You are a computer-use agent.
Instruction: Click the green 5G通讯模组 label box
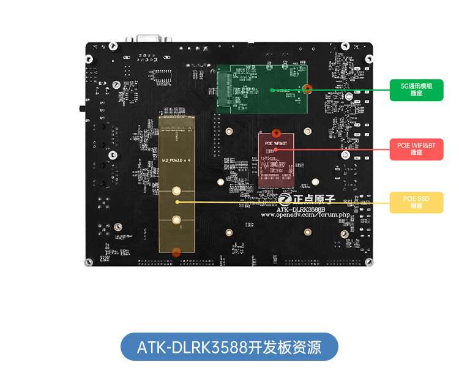click(416, 90)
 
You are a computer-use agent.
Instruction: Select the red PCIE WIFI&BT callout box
click(416, 148)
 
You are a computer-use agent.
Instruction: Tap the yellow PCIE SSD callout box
click(416, 202)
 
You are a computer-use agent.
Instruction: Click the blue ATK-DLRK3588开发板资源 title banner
click(229, 347)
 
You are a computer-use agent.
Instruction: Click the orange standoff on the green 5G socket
click(308, 89)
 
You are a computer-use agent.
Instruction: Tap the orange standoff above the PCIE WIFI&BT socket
click(276, 133)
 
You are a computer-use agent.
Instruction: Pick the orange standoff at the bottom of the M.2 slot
click(176, 251)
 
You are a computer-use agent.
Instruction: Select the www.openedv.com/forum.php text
click(305, 215)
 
